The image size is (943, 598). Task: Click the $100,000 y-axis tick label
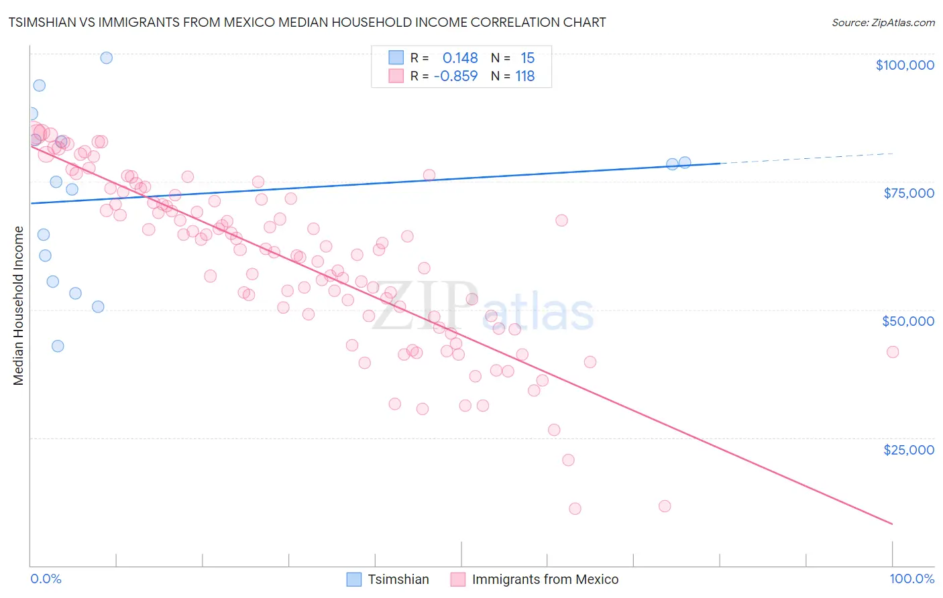click(x=904, y=65)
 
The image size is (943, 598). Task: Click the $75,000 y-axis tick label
click(x=908, y=193)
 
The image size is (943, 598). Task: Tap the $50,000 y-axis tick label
click(x=907, y=321)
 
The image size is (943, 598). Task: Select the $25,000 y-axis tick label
click(x=908, y=449)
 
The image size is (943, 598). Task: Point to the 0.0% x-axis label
click(x=46, y=579)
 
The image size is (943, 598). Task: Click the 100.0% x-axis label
click(x=911, y=579)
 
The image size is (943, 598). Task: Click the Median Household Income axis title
click(x=18, y=306)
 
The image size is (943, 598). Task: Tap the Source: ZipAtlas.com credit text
click(x=883, y=22)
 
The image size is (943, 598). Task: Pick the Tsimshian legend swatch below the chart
click(x=353, y=579)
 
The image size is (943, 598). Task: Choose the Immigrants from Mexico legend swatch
click(x=457, y=579)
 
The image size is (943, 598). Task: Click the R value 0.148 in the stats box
click(x=460, y=58)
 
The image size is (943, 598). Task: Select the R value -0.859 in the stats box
click(x=456, y=76)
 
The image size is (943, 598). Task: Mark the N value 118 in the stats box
click(x=524, y=76)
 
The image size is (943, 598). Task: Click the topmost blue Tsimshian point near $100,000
click(x=106, y=58)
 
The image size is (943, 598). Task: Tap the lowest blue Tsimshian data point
click(x=58, y=346)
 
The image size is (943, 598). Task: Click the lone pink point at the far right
click(x=892, y=352)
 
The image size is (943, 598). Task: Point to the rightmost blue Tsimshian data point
click(x=685, y=162)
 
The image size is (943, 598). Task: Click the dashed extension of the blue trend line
click(x=805, y=158)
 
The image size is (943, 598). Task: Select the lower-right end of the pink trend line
click(x=891, y=523)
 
